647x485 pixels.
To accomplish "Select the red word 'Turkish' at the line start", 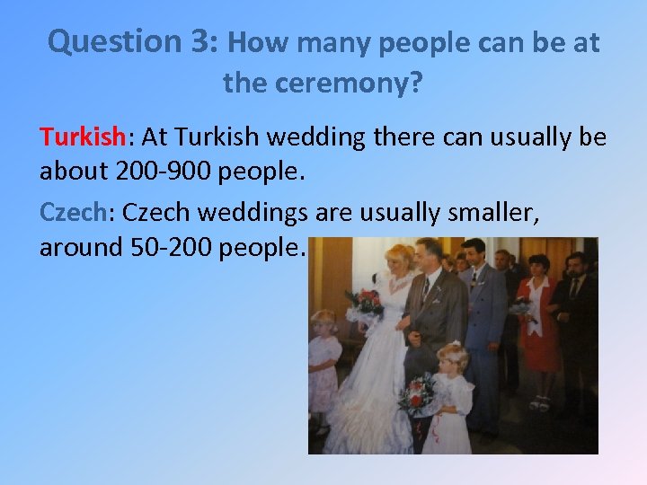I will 82,137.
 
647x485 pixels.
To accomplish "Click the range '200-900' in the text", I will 156,172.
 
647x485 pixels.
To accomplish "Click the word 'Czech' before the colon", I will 73,212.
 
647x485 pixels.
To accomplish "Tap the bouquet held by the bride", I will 364,304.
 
